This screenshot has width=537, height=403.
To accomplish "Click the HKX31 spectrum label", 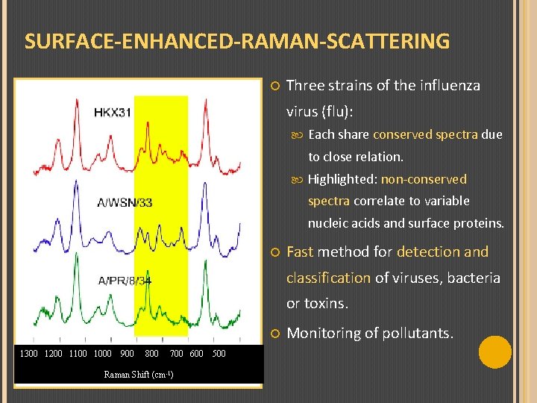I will (x=113, y=113).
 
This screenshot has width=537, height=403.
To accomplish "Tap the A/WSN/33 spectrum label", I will (x=125, y=202).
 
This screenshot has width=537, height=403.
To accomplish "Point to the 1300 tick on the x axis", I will (x=29, y=354).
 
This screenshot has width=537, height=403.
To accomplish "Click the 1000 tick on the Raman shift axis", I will (x=102, y=354).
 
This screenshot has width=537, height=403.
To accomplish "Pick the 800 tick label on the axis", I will (x=151, y=354).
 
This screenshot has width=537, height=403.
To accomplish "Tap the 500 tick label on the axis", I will (x=219, y=354).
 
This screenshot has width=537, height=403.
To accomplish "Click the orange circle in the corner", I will (x=494, y=352).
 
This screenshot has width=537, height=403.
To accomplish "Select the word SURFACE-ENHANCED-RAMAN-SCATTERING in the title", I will (x=237, y=41).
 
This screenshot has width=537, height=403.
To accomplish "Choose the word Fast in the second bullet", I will (x=301, y=252).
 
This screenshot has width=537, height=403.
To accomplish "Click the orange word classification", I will (x=328, y=278).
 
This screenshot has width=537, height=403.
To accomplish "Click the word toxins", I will (x=326, y=304).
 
